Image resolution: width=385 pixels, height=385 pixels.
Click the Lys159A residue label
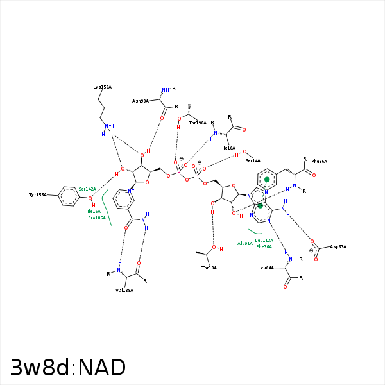(102, 87)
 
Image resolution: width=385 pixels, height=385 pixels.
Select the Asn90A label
(141, 101)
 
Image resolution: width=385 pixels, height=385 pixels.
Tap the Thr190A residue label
(198, 123)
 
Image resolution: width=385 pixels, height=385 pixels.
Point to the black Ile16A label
(228, 148)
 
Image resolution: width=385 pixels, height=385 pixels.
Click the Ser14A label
(253, 160)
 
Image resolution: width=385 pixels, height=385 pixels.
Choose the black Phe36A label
(320, 162)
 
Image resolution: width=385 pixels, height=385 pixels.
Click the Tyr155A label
(38, 194)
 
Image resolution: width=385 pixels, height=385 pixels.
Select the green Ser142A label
(87, 189)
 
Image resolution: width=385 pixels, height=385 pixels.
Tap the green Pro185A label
(97, 218)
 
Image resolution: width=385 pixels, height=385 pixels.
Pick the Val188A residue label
(124, 290)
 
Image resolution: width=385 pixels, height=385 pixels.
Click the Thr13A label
(209, 268)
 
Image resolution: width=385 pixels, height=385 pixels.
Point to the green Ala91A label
(245, 244)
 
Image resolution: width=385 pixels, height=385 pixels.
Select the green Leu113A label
(264, 240)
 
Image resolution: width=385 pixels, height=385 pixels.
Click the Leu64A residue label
(266, 268)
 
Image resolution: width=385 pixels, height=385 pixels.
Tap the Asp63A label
(338, 246)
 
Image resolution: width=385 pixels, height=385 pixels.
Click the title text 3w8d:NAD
(67, 368)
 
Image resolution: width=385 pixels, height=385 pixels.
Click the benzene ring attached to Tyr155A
(69, 196)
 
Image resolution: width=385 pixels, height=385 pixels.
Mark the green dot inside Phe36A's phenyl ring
(267, 180)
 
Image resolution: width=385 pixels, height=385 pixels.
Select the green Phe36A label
(264, 246)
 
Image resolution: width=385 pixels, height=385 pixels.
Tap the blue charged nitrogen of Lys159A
(107, 126)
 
